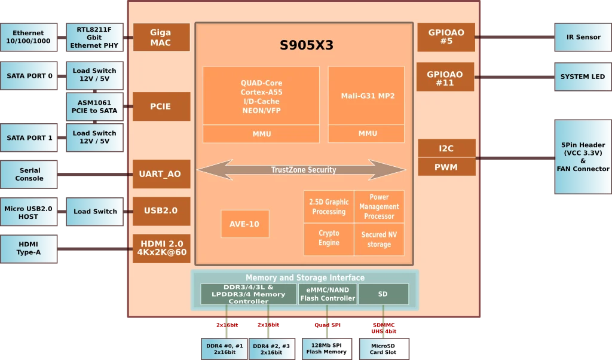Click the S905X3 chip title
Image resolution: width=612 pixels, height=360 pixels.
307,45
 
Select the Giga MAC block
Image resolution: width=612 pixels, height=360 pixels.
161,38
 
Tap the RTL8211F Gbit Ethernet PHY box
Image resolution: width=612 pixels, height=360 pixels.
94,38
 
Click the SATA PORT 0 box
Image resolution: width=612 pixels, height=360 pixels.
29,76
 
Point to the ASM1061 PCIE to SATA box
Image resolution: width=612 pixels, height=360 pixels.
94,106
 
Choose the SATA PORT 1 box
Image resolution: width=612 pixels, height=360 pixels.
29,138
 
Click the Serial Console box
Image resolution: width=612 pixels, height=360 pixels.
29,174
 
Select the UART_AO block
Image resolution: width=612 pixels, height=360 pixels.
161,174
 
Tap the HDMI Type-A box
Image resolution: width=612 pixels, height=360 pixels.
29,249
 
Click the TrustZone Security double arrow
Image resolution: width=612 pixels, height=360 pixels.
301,170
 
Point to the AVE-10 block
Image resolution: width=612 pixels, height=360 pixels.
244,224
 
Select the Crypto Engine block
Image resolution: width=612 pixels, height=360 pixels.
329,239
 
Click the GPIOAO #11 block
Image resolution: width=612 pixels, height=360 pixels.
445,77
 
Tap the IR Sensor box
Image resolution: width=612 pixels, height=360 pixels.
583,37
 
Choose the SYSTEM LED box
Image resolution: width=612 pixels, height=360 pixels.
583,77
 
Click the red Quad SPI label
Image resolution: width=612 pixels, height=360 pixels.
328,325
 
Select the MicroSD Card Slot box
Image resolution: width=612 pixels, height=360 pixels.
384,349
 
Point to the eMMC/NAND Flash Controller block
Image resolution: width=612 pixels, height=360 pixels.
328,294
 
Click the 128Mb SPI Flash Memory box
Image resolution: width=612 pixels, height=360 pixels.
327,349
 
